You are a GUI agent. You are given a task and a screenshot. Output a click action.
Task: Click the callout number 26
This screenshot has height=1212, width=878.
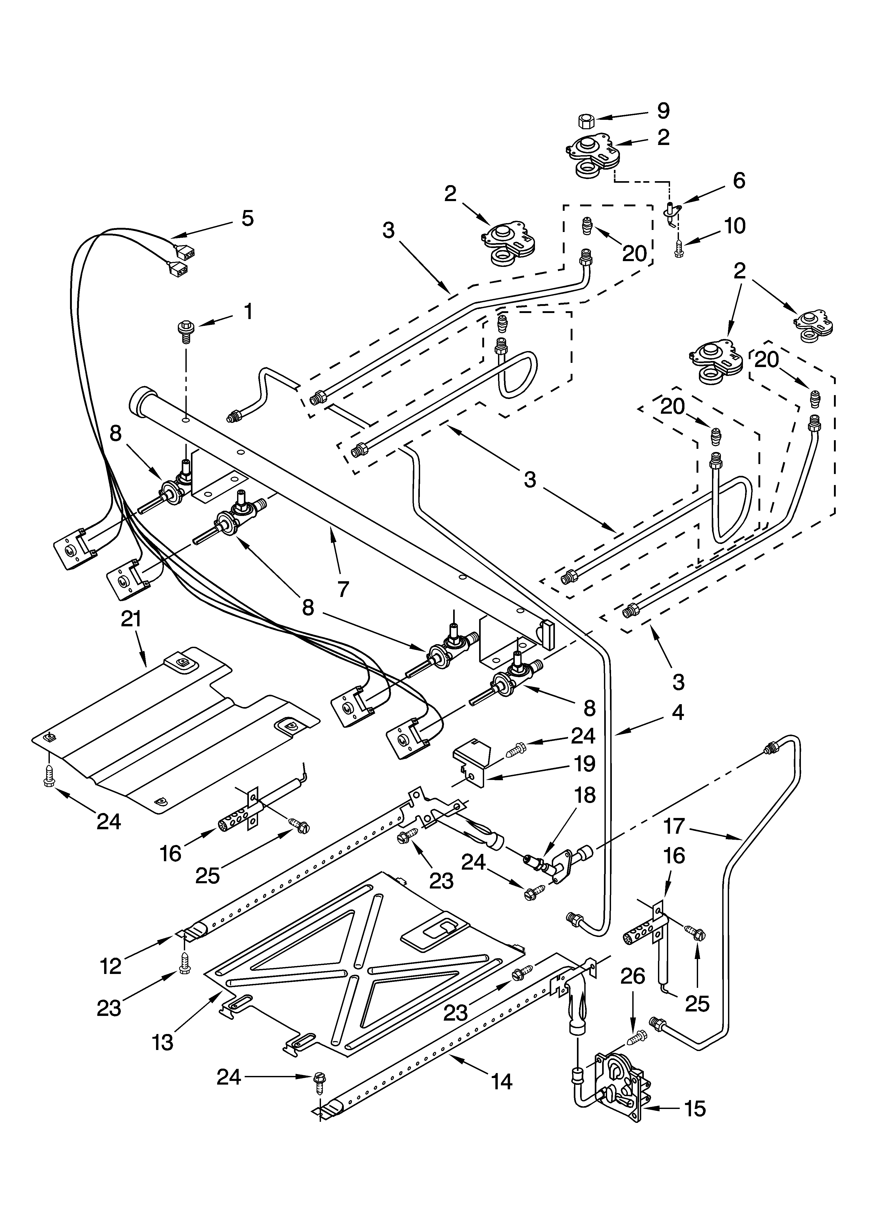click(633, 976)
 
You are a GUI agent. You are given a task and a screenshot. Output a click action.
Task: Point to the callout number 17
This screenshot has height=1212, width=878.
click(674, 826)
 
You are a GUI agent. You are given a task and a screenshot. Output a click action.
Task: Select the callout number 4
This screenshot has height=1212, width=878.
click(677, 712)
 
